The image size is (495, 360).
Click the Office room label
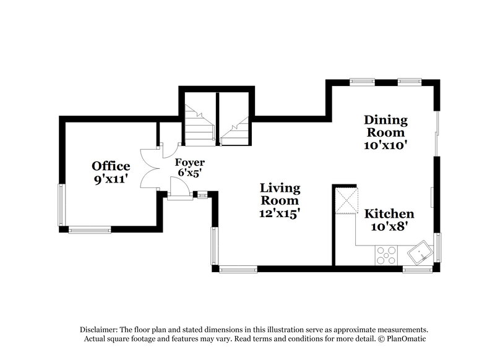[111, 166]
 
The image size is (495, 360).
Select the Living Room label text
[280, 194]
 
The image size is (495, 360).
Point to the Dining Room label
[385, 126]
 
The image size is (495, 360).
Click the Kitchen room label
[389, 214]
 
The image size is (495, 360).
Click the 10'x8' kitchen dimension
[389, 227]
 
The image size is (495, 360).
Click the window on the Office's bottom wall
[90, 229]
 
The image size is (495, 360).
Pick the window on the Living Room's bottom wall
[238, 269]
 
